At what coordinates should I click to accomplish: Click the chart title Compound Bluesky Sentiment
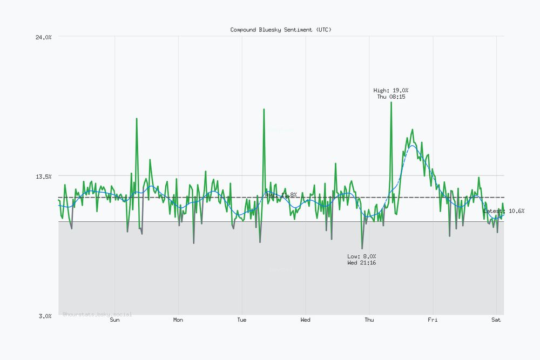coord(281,30)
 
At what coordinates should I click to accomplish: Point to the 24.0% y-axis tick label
coord(44,37)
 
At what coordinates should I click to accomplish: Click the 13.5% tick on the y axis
coord(44,176)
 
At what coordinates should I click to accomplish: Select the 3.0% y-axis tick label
coord(45,316)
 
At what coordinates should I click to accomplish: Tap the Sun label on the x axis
coord(114,320)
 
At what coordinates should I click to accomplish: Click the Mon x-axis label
coord(178,320)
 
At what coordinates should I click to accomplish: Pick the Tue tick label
coord(242,320)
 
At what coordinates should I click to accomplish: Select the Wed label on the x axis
coord(305,320)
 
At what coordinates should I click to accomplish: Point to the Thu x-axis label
coord(369,320)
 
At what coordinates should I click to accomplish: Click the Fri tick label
coord(433,320)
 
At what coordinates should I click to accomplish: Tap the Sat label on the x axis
coord(496,320)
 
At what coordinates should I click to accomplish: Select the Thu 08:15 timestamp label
coord(391,97)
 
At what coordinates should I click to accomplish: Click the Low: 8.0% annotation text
coord(362,256)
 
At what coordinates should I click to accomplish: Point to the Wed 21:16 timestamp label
coord(362,263)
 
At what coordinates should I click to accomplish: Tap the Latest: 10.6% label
coord(504,211)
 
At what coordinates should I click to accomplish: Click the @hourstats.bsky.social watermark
coord(97,314)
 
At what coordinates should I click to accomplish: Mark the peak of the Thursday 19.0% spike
coord(391,102)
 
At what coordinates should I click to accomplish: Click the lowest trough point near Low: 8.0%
coord(362,248)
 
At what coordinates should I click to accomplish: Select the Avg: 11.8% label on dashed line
coord(281,195)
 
